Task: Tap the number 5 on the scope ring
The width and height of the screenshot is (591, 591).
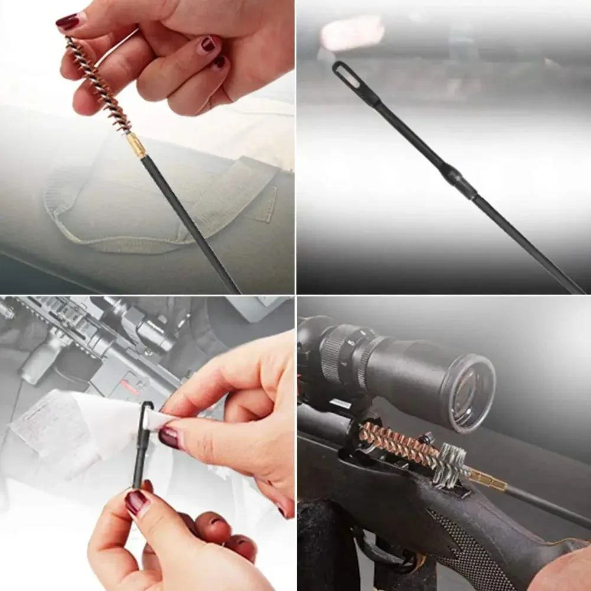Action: (351, 342)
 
